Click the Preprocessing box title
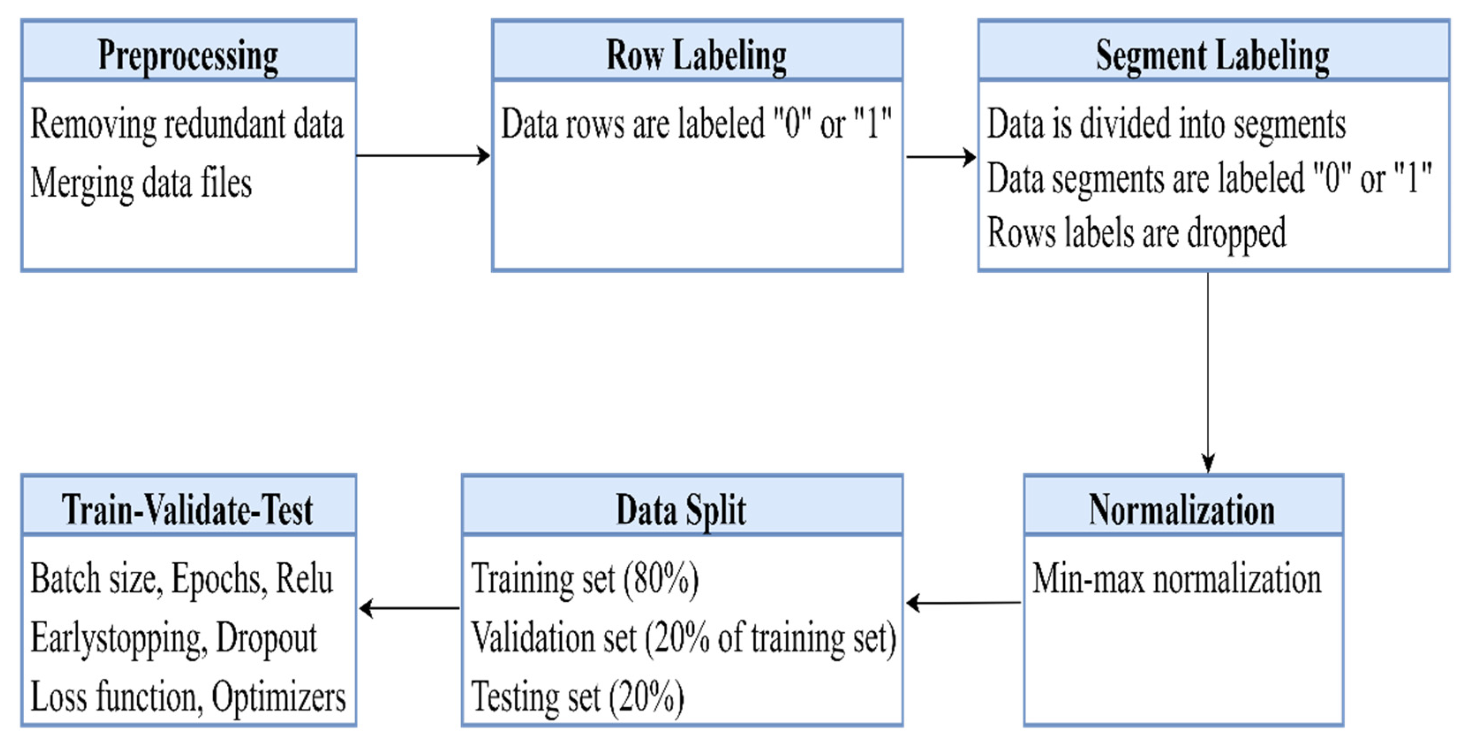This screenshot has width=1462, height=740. tap(188, 56)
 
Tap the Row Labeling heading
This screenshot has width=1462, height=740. tap(697, 56)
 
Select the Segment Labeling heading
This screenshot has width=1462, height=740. tap(1212, 56)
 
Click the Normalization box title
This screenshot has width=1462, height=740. tap(1182, 510)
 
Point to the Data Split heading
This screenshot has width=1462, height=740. tap(681, 510)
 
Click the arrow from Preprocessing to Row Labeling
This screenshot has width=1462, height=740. tap(423, 155)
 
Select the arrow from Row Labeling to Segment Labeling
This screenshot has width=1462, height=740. tap(940, 157)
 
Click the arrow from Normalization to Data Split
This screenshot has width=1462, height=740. tap(963, 603)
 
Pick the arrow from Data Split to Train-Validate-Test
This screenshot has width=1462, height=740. tap(410, 608)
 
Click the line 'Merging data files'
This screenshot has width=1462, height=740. tap(141, 184)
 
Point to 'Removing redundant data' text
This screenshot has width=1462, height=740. tap(187, 124)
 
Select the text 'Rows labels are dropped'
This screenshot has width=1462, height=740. tap(1136, 233)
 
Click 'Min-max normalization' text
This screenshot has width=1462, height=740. tap(1176, 579)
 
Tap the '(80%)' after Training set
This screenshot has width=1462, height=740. tap(661, 579)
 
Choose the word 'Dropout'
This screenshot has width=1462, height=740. tap(266, 638)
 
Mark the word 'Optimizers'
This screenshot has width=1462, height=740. tap(278, 697)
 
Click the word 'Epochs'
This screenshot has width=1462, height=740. tap(219, 579)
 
